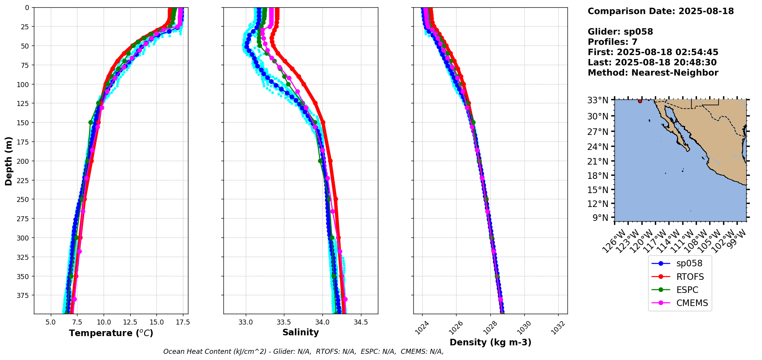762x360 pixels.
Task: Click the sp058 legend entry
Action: [x=689, y=264]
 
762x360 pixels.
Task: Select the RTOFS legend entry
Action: [x=690, y=277]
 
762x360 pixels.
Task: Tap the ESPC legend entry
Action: [x=687, y=290]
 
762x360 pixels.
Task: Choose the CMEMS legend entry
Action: [x=692, y=303]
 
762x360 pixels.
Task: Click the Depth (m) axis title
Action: [x=8, y=161]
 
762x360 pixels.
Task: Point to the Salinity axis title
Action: [x=300, y=333]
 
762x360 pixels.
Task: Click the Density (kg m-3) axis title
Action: [x=490, y=342]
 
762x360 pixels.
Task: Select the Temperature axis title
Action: [x=111, y=333]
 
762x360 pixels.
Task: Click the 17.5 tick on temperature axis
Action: [x=183, y=322]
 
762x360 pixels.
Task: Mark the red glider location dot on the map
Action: [x=640, y=101]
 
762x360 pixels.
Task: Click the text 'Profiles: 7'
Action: [x=613, y=42]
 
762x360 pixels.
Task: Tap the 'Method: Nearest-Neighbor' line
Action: [x=653, y=73]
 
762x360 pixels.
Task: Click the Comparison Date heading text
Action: [x=661, y=11]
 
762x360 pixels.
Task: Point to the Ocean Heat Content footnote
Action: [x=303, y=352]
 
